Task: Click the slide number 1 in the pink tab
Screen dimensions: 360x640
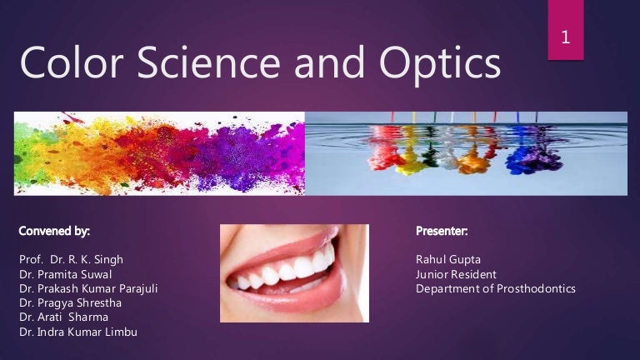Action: (x=566, y=37)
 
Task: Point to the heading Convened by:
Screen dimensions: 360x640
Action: (x=53, y=229)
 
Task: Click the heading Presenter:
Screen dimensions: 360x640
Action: (x=442, y=229)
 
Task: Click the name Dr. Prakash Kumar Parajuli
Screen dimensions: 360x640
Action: (x=87, y=289)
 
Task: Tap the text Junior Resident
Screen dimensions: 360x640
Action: (x=456, y=274)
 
